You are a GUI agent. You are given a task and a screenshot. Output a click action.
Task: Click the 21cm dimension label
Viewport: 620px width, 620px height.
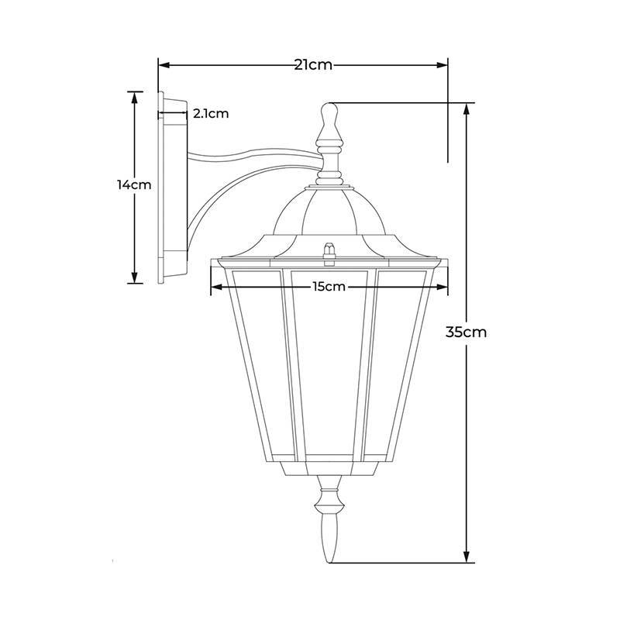click(x=313, y=65)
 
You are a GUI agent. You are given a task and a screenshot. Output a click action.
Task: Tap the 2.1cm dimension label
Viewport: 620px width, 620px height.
click(x=211, y=113)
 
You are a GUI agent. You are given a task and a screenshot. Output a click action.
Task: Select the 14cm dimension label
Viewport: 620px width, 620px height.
click(x=134, y=184)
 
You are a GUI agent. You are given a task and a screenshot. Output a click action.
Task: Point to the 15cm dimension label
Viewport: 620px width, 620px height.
click(x=329, y=286)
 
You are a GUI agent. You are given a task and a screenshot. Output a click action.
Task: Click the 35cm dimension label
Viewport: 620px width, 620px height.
click(x=466, y=332)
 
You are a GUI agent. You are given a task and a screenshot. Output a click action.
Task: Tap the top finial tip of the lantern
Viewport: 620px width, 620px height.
click(x=329, y=104)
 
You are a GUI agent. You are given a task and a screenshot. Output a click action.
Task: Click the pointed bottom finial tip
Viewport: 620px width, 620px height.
click(x=329, y=561)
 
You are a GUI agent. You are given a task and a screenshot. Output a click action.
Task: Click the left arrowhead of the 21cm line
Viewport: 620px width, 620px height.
click(x=164, y=65)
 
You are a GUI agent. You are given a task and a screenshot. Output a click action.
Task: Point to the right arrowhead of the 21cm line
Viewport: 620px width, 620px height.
click(x=443, y=65)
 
